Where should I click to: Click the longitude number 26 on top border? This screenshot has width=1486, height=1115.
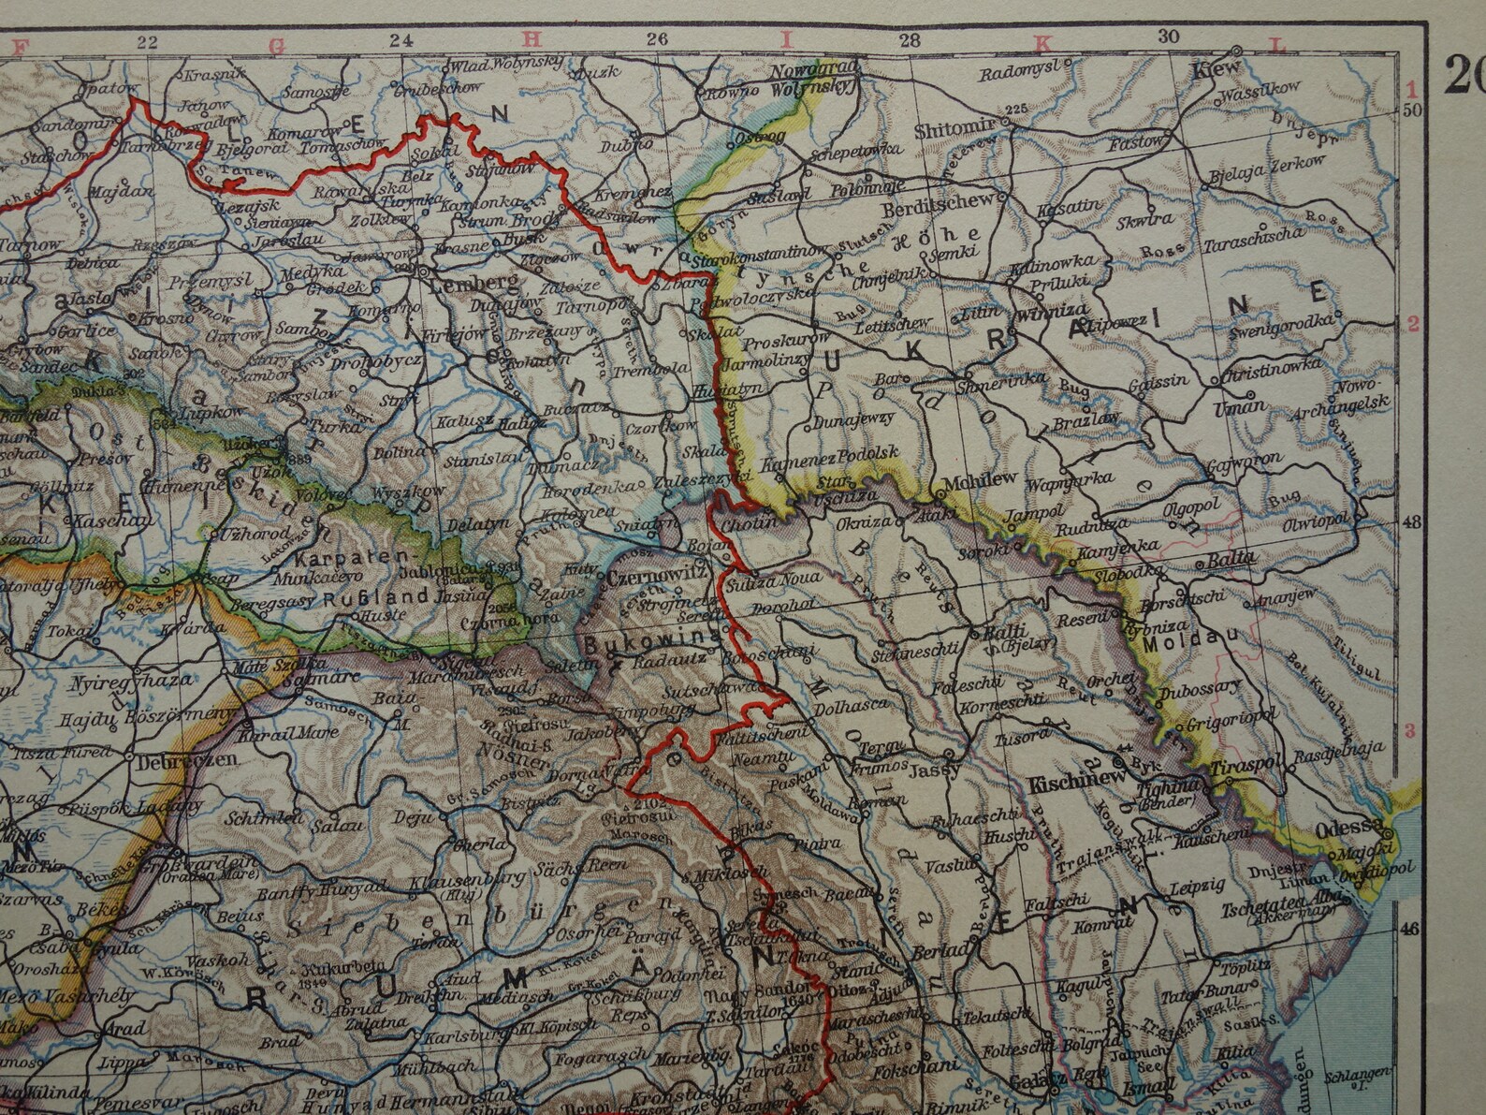point(656,39)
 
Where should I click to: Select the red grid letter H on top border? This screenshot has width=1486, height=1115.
point(531,40)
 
